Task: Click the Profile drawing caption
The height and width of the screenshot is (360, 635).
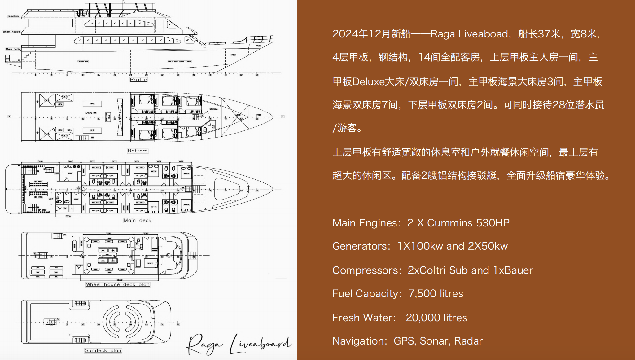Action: click(x=138, y=80)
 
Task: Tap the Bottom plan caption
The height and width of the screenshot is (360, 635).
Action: click(x=138, y=151)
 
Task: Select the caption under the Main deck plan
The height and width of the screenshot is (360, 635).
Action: click(x=138, y=220)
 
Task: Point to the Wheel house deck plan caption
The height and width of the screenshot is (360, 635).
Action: click(x=118, y=284)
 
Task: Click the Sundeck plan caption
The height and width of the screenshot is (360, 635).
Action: click(x=103, y=350)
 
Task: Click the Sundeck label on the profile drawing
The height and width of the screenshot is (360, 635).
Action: click(x=13, y=16)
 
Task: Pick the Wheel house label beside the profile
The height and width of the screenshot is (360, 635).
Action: click(x=11, y=32)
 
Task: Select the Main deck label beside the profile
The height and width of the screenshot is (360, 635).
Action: click(x=13, y=49)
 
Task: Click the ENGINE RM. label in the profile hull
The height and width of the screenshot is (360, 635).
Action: click(x=83, y=61)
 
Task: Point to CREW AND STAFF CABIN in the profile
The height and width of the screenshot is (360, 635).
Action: click(x=179, y=61)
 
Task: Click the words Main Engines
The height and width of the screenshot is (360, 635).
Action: click(x=365, y=223)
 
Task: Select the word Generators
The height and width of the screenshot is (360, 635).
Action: click(x=359, y=246)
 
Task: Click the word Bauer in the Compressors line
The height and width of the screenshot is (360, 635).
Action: click(x=519, y=270)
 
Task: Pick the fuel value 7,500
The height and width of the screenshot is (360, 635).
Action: click(x=422, y=294)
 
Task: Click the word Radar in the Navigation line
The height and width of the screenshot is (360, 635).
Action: click(x=468, y=341)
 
